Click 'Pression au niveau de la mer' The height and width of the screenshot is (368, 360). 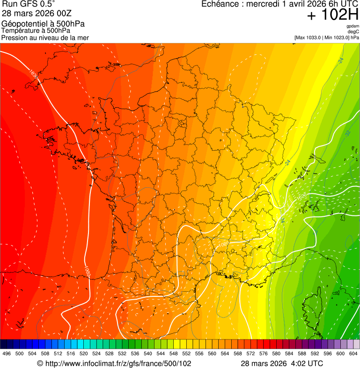[45, 37]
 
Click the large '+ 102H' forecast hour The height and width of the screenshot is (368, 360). [333, 15]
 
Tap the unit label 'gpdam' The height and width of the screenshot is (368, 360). [353, 26]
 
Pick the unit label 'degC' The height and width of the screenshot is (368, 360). [354, 32]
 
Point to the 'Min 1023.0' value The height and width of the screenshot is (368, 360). [336, 37]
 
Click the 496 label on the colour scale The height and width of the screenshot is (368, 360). [7, 353]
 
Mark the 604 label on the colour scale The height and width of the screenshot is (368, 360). [353, 353]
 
